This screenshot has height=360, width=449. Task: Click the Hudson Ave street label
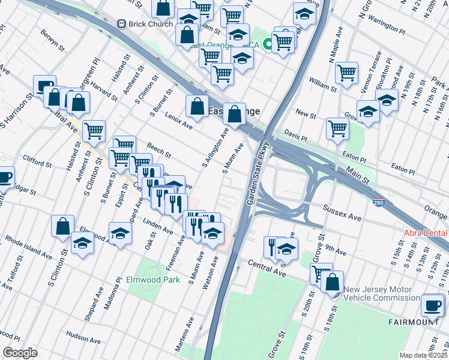pyautogui.click(x=83, y=335)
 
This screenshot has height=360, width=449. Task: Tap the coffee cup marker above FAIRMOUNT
pyautogui.click(x=432, y=305)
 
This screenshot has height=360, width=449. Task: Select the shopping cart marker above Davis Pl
pyautogui.click(x=338, y=128)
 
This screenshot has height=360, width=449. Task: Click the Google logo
pyautogui.click(x=20, y=353)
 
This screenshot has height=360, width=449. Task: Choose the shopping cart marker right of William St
pyautogui.click(x=347, y=73)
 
